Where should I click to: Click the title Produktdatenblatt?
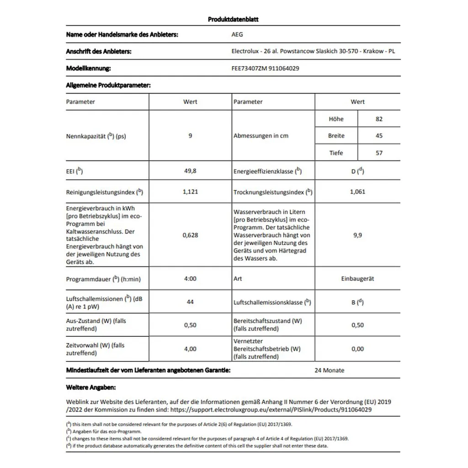tap(234, 19)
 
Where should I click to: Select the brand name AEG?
tap(238, 34)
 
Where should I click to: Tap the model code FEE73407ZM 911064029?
tap(266, 69)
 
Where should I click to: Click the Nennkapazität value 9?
tap(190, 136)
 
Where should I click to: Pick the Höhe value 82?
tap(379, 119)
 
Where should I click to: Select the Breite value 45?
tap(379, 136)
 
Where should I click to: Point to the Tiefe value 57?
tap(379, 153)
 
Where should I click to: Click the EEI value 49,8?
tap(190, 171)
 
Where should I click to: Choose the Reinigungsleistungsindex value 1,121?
tap(190, 192)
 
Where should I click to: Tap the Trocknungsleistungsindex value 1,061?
tap(357, 192)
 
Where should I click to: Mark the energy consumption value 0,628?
tap(190, 235)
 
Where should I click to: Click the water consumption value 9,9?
tap(357, 235)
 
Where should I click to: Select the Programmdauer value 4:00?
tap(190, 278)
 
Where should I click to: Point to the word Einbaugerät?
tap(357, 278)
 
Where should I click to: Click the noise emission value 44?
tap(190, 302)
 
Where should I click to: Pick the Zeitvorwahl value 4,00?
tap(190, 349)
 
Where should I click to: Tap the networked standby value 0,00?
tap(357, 349)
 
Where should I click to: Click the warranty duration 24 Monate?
tap(330, 370)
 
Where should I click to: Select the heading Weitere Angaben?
tap(91, 387)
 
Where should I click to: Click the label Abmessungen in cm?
tap(261, 136)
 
